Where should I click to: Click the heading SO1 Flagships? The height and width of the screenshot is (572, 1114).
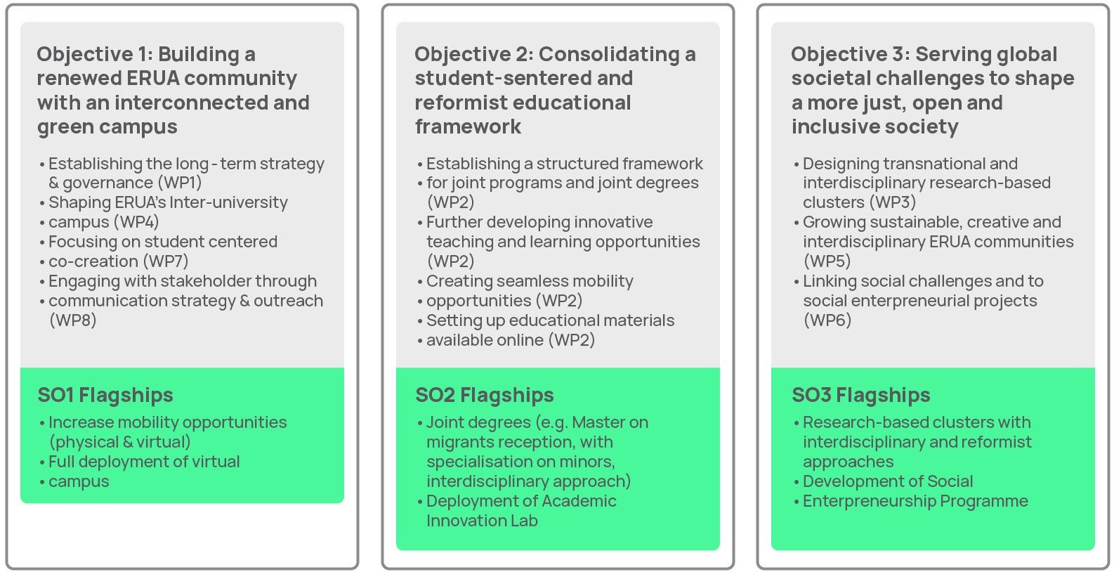[x=105, y=396]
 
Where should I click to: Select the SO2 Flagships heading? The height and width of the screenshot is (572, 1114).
[x=485, y=396]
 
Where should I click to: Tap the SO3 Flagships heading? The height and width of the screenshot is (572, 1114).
[x=861, y=396]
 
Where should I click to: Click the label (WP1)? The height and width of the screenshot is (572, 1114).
[x=180, y=183]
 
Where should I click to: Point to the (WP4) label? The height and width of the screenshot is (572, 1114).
[x=137, y=222]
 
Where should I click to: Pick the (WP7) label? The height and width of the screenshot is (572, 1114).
[x=166, y=261]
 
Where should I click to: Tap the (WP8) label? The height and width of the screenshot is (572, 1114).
[x=72, y=320]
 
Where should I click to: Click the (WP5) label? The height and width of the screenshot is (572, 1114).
[x=827, y=261]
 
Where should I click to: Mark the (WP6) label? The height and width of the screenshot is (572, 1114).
[x=827, y=320]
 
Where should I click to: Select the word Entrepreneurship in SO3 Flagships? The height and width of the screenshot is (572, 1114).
[x=869, y=501]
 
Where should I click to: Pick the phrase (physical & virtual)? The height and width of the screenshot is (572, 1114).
[x=120, y=442]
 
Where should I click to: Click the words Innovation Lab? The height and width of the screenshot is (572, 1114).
[x=482, y=521]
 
